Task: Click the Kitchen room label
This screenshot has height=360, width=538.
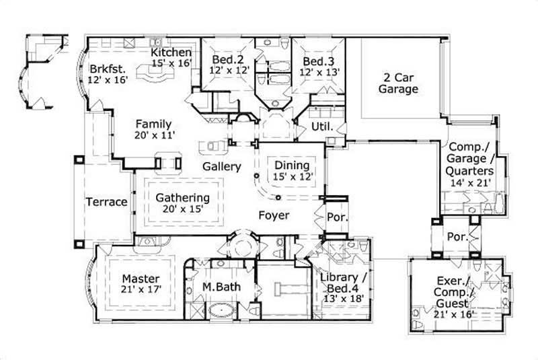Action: tap(171, 52)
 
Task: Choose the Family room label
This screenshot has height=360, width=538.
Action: tap(153, 124)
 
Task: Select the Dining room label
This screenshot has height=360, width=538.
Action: tap(291, 166)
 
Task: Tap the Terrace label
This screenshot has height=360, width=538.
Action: tap(106, 202)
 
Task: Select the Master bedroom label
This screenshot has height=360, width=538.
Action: tap(141, 279)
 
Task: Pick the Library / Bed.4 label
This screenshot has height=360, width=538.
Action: tap(344, 283)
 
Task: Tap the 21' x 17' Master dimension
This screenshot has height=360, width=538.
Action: tap(141, 289)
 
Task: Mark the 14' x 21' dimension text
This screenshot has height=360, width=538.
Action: tap(470, 181)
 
